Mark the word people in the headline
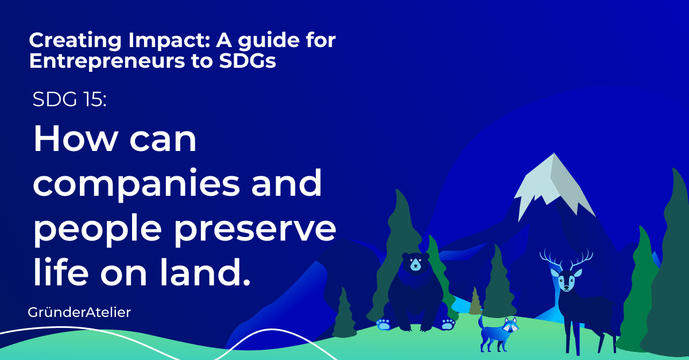(x=92, y=230)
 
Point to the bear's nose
(x=415, y=268)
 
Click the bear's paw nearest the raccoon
(x=448, y=324)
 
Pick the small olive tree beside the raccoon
(x=475, y=302)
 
